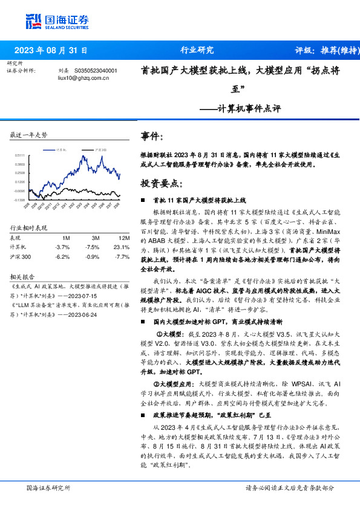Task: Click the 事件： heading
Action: [x=152, y=137]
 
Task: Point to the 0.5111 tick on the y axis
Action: [x=20, y=155]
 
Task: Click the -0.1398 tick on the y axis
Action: [x=20, y=199]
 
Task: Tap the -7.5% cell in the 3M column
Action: [x=92, y=247]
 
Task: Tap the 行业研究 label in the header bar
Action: [x=197, y=50]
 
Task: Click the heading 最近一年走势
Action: [x=29, y=135]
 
